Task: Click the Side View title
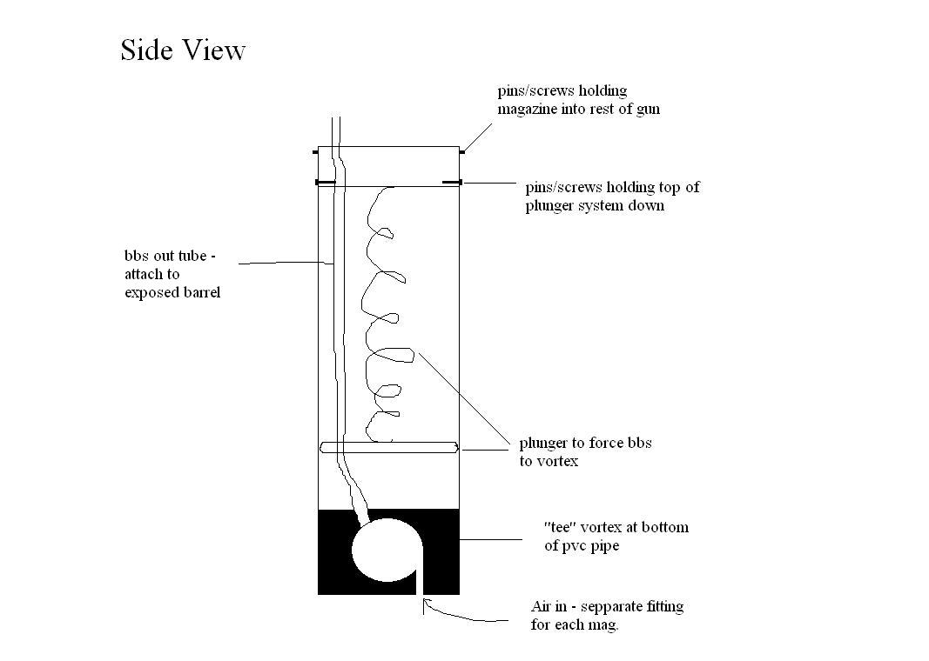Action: pos(183,50)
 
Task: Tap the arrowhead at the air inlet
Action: pos(425,605)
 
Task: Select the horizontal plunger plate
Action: pos(388,447)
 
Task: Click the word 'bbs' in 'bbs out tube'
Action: pos(137,257)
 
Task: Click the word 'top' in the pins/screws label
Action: pos(669,187)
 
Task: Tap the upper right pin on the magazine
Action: pos(462,152)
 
